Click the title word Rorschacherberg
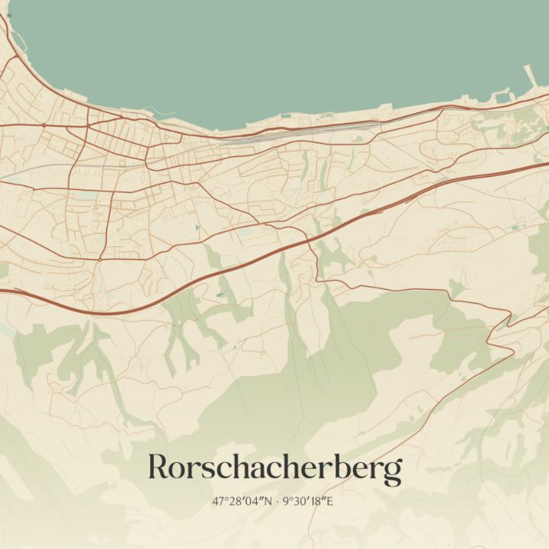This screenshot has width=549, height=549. click(x=274, y=468)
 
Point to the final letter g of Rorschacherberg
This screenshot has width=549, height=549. click(x=392, y=472)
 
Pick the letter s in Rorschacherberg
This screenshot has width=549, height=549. click(x=209, y=470)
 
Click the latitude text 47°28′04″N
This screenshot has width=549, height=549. click(x=243, y=502)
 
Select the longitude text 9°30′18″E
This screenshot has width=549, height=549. click(x=308, y=502)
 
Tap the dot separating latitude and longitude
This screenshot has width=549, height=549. click(x=277, y=502)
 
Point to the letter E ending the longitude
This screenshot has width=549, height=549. click(x=330, y=502)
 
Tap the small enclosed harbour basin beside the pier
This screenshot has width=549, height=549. click(x=502, y=97)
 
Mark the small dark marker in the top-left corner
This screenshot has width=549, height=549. click(x=8, y=15)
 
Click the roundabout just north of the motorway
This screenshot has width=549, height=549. click(x=99, y=260)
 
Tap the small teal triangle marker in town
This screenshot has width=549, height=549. click(x=197, y=227)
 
